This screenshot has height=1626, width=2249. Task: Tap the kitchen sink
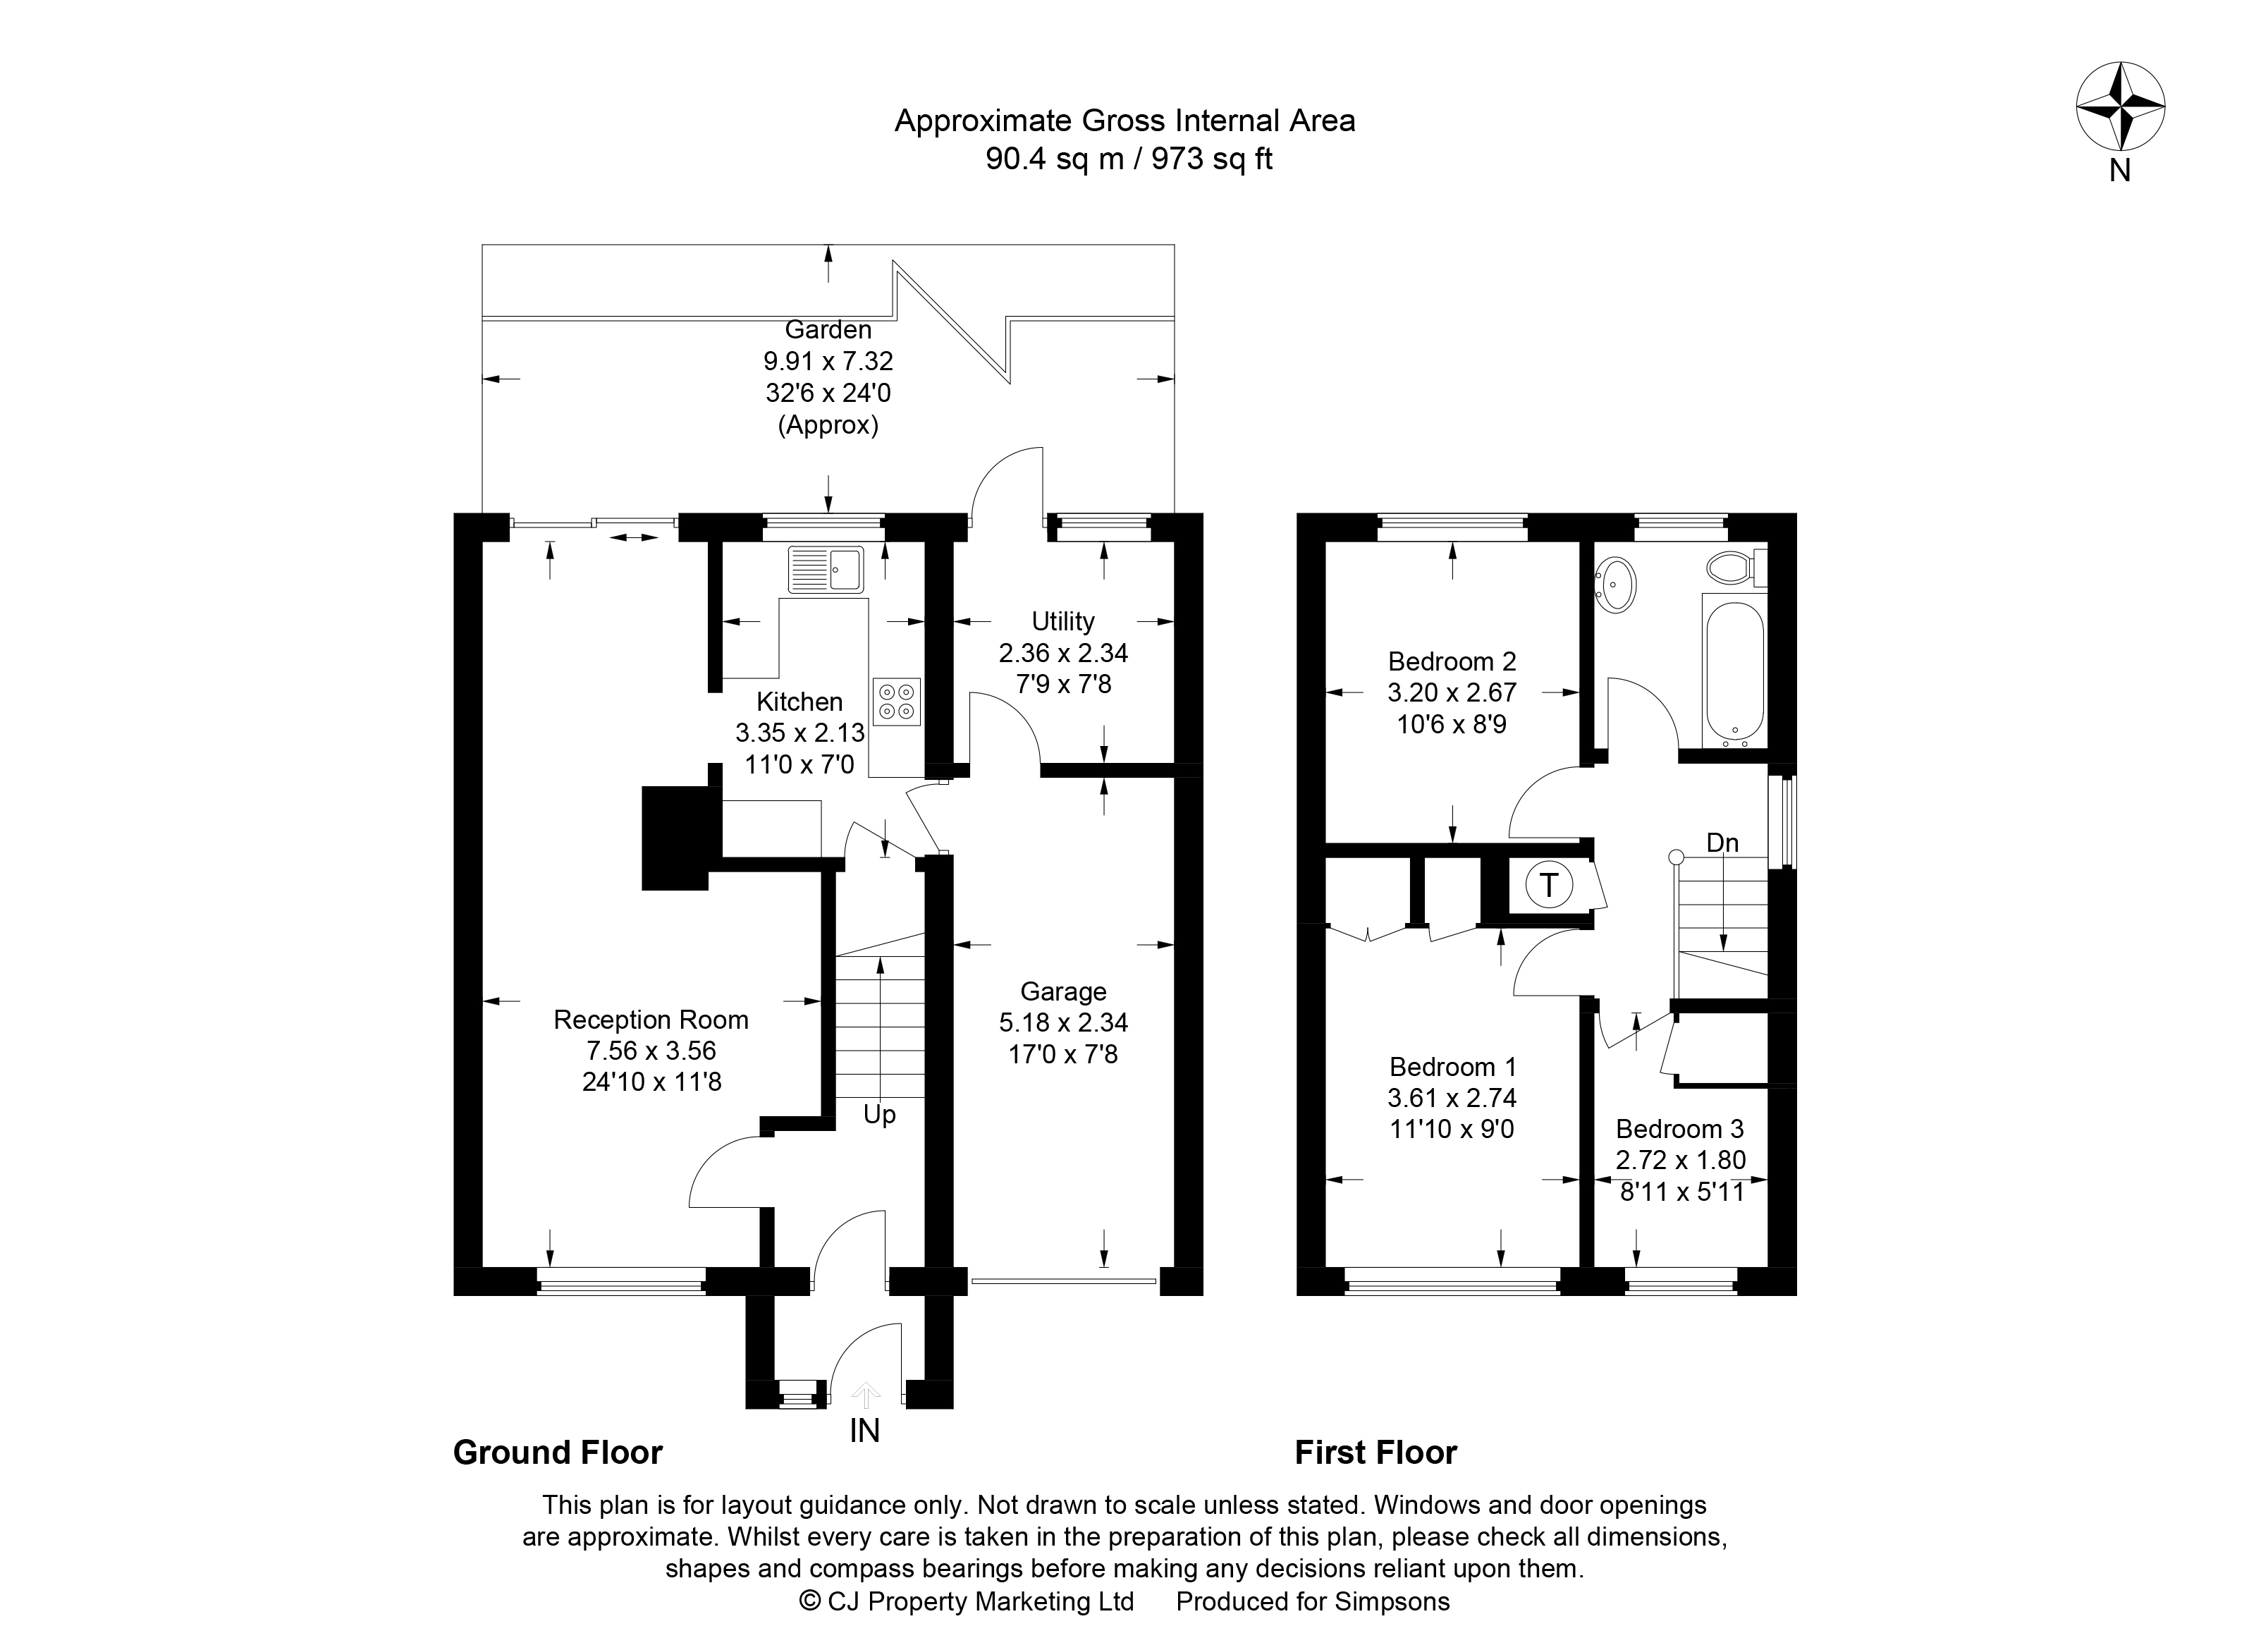coord(825,568)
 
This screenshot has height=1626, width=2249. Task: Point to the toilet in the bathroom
coord(1736,568)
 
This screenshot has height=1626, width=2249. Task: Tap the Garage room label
coord(1063,991)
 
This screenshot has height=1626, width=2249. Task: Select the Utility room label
coord(1063,622)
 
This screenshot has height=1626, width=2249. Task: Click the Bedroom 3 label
coord(1680,1128)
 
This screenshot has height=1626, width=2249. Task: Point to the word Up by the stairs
coord(880,1115)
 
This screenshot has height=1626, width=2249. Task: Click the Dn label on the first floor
coord(1722,843)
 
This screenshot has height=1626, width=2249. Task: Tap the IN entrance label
coord(864,1431)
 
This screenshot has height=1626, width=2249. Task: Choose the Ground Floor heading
coord(557,1453)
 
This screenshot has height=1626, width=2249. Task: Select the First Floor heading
coord(1375,1453)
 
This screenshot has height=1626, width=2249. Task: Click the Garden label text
coord(828,329)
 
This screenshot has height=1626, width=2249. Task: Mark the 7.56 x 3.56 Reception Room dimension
coord(651,1050)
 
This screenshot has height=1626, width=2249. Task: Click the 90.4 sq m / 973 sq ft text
coord(1129,159)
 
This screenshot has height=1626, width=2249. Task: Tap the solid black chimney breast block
coord(676,838)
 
